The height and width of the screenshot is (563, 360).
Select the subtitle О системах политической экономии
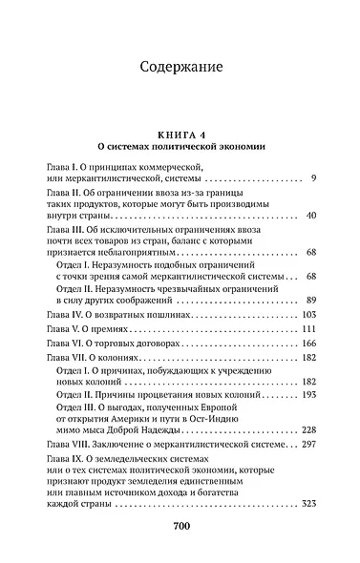(180, 148)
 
